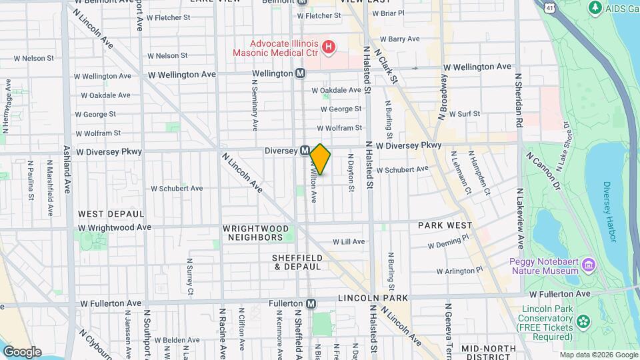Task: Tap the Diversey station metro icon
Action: [305, 151]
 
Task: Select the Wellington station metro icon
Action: [301, 73]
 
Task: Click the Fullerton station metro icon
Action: [311, 303]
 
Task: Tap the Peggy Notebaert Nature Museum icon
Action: [589, 266]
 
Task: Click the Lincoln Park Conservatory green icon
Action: [584, 323]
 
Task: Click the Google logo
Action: [22, 351]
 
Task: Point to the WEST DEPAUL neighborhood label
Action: [111, 214]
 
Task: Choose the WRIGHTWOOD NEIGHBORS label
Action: [256, 233]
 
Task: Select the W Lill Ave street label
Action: [349, 242]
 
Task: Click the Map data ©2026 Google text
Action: [598, 355]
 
